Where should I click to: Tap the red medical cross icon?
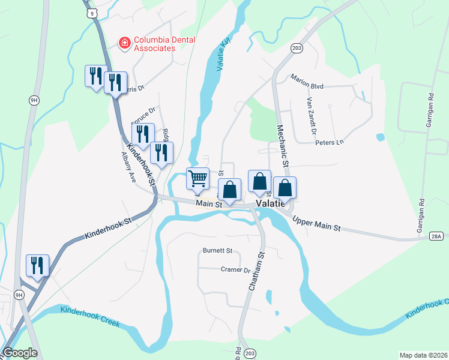[124, 43]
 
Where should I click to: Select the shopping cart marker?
[197, 178]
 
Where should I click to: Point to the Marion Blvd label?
[307, 86]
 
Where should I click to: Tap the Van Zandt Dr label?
[311, 115]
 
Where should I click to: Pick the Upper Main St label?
[316, 225]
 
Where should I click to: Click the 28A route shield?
[436, 236]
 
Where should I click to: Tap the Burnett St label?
[217, 250]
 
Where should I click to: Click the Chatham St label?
[256, 272]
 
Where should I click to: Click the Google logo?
[20, 353]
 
